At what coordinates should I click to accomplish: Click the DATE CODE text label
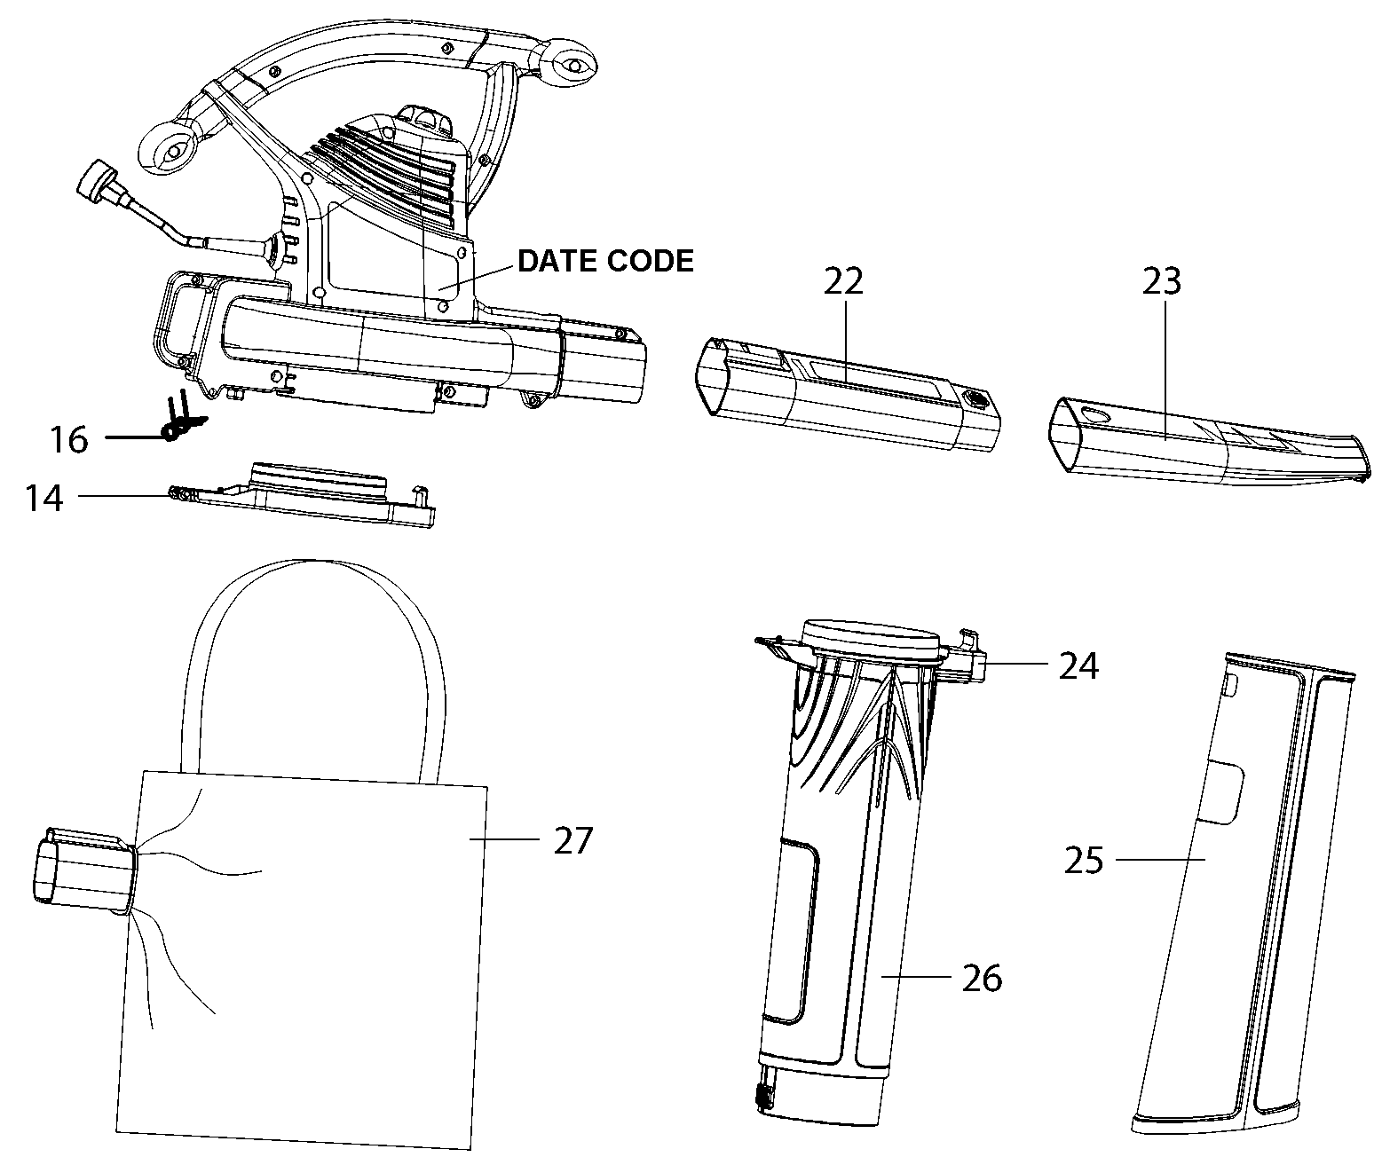click(x=605, y=262)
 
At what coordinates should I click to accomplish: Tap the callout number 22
click(x=843, y=282)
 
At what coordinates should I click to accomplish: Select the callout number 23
click(x=1162, y=282)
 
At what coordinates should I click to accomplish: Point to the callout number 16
click(x=69, y=439)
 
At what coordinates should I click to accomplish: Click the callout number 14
click(x=43, y=498)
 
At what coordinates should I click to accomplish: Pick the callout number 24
click(x=1078, y=666)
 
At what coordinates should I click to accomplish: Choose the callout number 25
click(x=1084, y=861)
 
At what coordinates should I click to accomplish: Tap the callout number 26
click(x=983, y=979)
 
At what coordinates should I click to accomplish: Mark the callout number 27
click(x=573, y=841)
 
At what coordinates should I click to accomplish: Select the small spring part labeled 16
click(x=181, y=418)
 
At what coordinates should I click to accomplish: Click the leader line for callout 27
click(x=504, y=838)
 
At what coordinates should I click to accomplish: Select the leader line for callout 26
click(x=916, y=976)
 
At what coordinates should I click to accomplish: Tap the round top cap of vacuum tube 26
click(x=871, y=636)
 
